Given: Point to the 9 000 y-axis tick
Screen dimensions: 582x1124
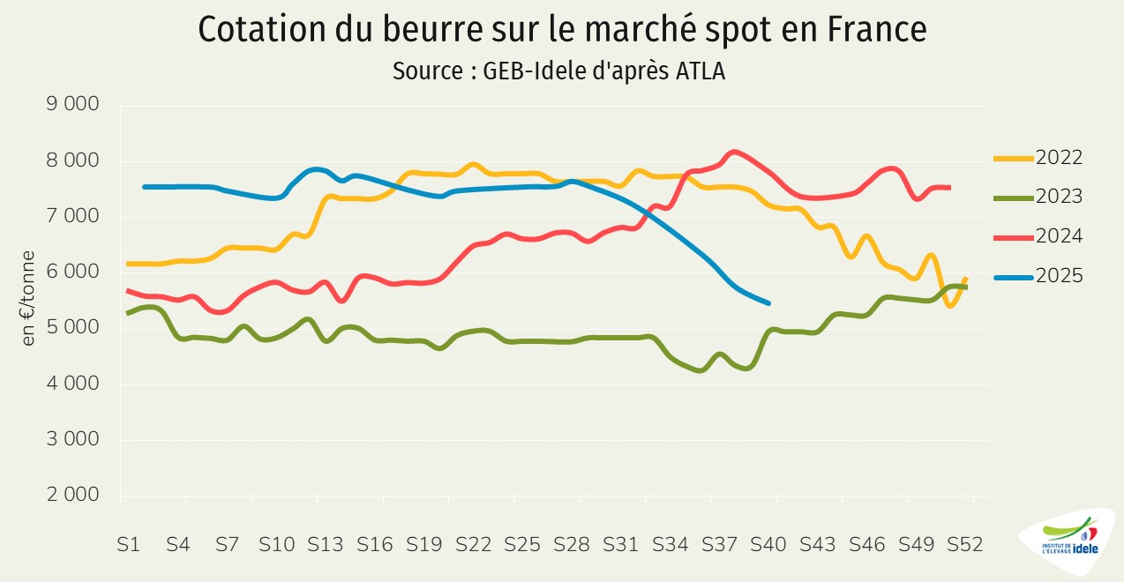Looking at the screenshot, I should tap(73, 105).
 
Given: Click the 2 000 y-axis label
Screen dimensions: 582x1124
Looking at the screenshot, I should tap(73, 495).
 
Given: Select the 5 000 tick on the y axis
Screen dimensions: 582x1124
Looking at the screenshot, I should tap(73, 328).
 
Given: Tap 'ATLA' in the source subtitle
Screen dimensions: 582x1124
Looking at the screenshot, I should tap(701, 71).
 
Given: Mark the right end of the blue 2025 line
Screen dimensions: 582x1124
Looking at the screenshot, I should tap(769, 303).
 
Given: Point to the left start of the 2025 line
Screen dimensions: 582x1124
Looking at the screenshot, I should tap(145, 187).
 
